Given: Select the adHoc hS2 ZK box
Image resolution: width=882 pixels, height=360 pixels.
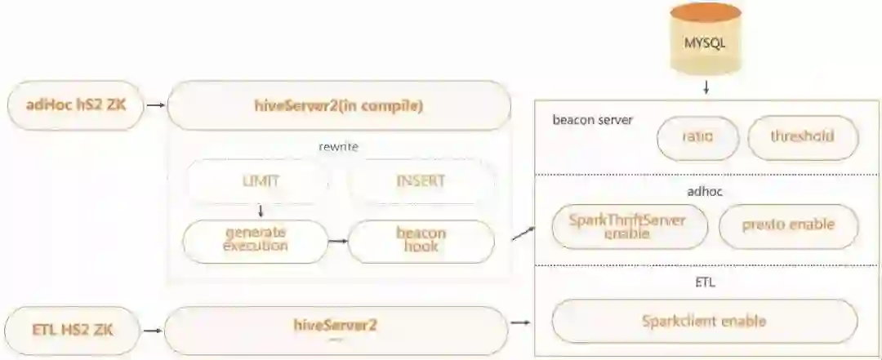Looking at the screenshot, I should pos(75,104).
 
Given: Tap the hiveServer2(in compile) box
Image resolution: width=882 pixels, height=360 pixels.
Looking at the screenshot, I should pos(338,105).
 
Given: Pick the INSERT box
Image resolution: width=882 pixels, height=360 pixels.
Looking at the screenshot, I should pos(421,180).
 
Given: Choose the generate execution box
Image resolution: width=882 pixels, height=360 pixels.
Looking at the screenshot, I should pos(256,239).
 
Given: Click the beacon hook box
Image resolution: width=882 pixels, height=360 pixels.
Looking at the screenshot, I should pos(421,239).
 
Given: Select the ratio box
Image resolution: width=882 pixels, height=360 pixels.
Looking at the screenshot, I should pos(697,136).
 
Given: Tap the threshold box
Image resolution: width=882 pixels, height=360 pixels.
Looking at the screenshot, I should pos(802,136).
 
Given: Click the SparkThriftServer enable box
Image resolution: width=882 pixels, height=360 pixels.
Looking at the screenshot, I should pos(630,226).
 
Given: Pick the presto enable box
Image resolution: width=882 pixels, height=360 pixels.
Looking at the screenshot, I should pos(789,224).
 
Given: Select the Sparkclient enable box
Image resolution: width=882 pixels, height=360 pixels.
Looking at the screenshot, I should pos(704,321).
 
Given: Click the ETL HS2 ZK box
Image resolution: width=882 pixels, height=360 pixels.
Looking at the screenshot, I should pos(72,331).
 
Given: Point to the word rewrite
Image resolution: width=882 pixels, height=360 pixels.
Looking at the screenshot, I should pos(338,146).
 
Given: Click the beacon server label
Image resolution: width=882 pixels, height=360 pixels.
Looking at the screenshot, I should pos(592,120).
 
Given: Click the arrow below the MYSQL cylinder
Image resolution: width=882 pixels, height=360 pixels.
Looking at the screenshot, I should pos(705,87).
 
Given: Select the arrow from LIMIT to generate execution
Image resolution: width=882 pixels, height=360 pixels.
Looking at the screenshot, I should pos(259,211).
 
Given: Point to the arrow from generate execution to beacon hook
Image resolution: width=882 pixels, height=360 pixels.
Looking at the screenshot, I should pos(338,241).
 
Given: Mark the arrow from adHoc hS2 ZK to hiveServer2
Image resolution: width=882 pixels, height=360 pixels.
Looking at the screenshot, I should pos(155,105).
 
